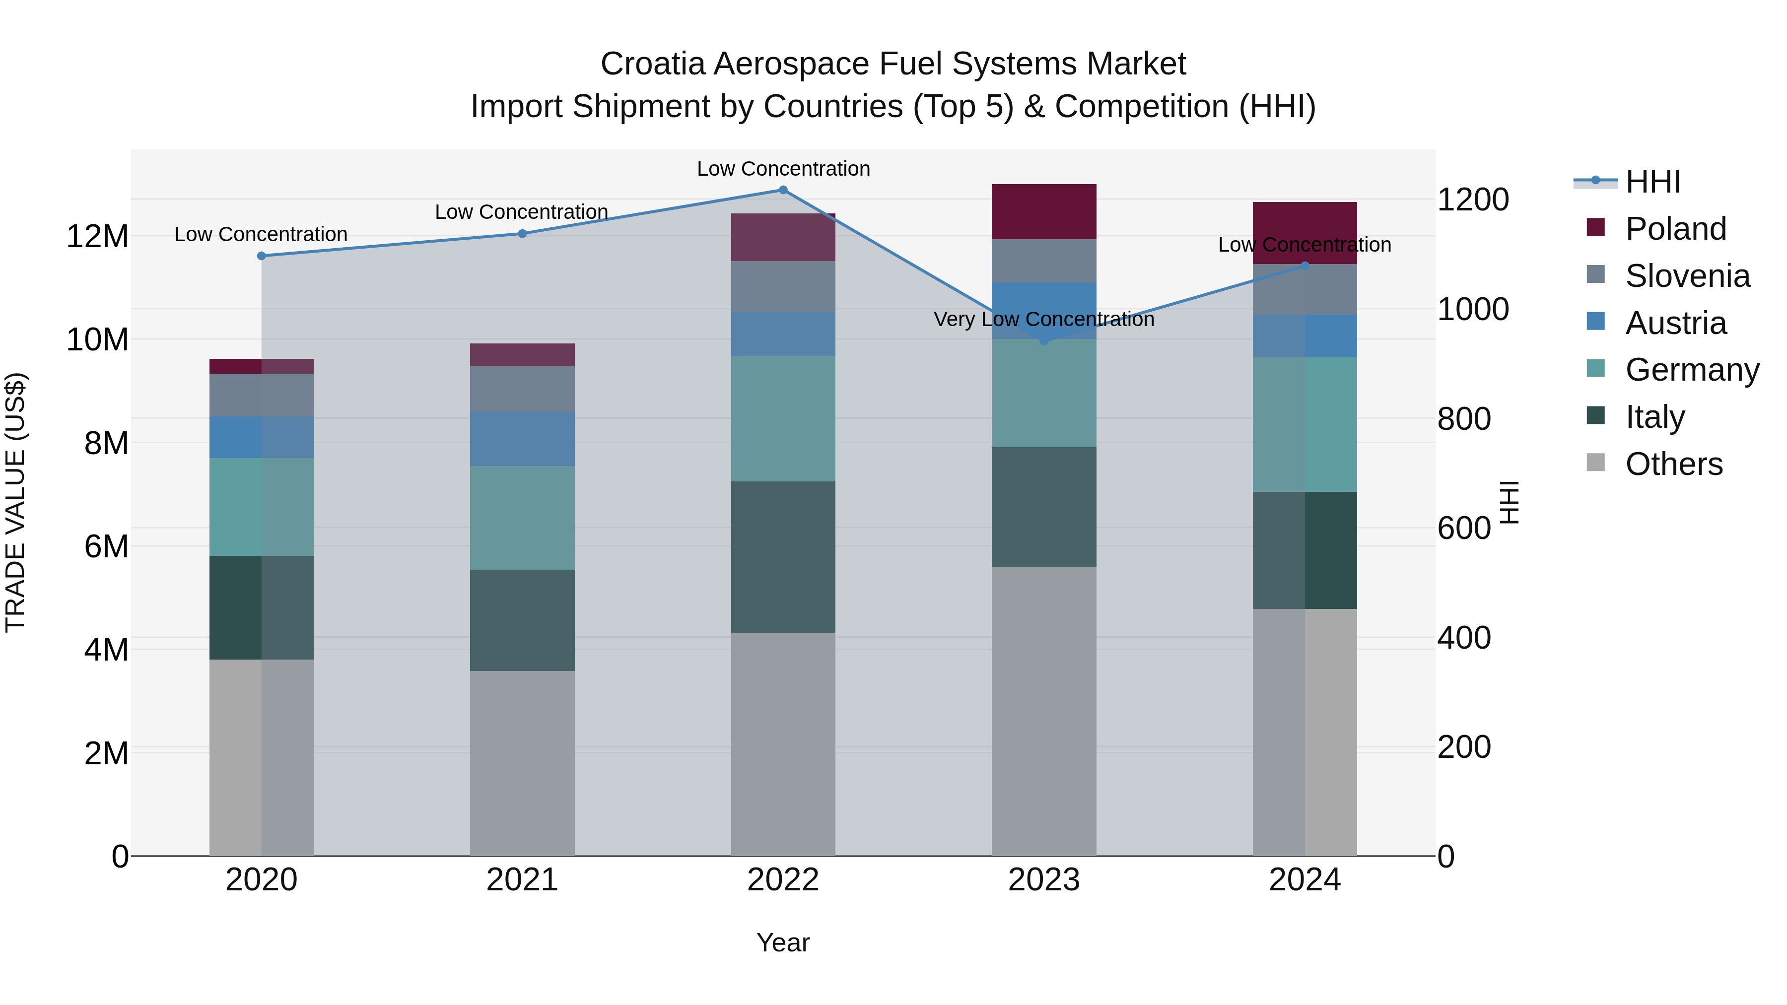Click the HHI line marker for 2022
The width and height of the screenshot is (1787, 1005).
pos(783,190)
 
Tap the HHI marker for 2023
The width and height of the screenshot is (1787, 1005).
pos(1044,340)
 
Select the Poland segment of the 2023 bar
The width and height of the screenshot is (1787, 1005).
pos(1044,211)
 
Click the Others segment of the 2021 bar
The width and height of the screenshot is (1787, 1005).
pos(522,763)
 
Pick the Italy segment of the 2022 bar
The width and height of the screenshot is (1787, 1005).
pos(783,557)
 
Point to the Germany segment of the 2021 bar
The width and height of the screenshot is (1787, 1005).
pos(522,518)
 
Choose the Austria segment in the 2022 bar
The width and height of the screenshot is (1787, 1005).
pos(783,335)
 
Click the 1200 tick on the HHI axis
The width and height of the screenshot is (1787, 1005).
pos(1473,200)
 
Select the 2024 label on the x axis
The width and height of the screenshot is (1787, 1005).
pos(1304,880)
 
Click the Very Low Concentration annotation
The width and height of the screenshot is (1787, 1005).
pos(1044,319)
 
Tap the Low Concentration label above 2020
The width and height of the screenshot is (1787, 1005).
pos(261,234)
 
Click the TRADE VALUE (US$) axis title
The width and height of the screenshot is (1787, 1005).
pos(15,502)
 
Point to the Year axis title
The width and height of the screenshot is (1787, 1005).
pos(783,942)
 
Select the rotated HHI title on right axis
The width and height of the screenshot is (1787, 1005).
pos(1510,502)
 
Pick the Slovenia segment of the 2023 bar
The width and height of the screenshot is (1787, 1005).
pos(1044,261)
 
